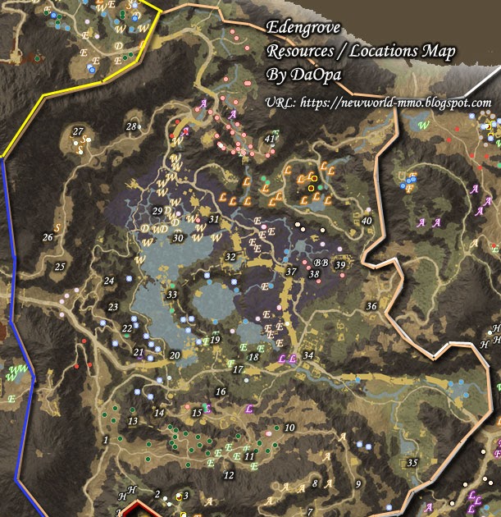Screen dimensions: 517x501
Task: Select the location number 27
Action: click(x=78, y=132)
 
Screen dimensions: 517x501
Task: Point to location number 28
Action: click(x=131, y=126)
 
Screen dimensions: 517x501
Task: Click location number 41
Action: click(x=270, y=139)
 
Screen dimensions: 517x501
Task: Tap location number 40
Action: click(x=367, y=221)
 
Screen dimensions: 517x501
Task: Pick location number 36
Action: click(x=371, y=306)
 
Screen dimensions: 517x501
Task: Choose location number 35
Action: click(x=412, y=463)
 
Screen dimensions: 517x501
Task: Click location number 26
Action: click(x=48, y=238)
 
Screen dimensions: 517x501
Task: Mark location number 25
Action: click(x=59, y=267)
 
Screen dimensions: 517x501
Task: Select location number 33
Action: click(x=171, y=295)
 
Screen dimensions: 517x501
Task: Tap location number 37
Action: click(x=290, y=272)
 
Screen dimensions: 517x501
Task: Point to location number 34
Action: click(x=307, y=355)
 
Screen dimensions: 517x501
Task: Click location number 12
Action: click(x=229, y=475)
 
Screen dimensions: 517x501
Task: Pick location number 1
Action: click(x=106, y=440)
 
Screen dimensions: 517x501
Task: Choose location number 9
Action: click(x=357, y=484)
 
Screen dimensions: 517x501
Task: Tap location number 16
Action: click(x=220, y=392)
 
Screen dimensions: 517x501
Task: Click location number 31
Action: click(x=214, y=220)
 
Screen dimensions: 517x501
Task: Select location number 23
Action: click(x=113, y=307)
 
